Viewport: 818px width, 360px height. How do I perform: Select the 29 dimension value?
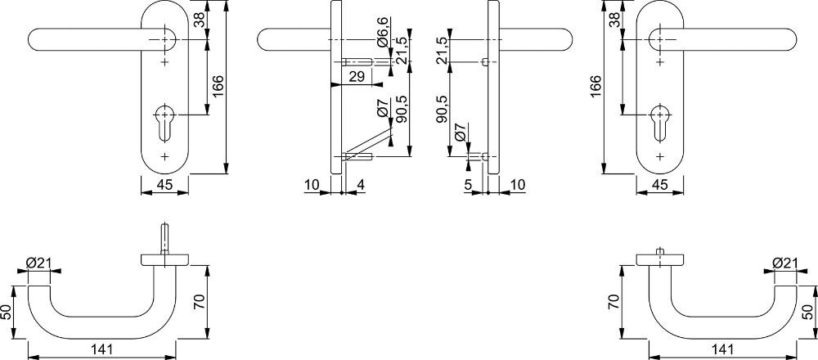click(x=357, y=77)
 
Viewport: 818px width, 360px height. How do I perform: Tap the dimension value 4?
click(x=360, y=184)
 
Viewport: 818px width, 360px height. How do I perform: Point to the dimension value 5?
click(x=467, y=184)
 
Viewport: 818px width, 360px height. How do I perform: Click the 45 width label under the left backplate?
click(x=164, y=184)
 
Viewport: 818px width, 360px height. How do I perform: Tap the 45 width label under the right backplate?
click(x=659, y=184)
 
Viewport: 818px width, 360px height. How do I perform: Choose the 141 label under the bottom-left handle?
click(x=102, y=349)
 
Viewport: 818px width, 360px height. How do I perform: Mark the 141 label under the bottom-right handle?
click(x=722, y=349)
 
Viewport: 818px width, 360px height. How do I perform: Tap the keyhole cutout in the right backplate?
click(x=660, y=123)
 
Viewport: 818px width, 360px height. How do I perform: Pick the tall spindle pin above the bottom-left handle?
click(x=165, y=239)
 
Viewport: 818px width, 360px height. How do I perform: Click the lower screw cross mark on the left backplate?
click(x=165, y=156)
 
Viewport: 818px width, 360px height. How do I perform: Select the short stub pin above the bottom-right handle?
click(x=659, y=251)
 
